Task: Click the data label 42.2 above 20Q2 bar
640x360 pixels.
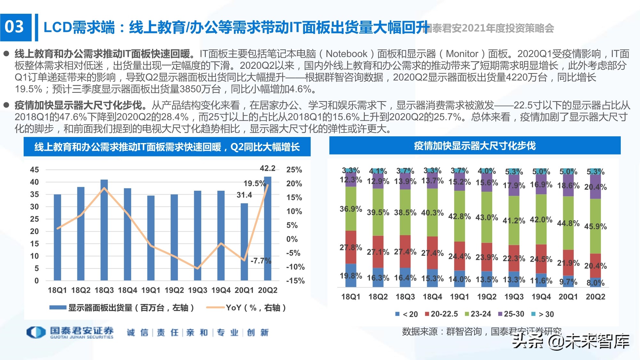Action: tap(268, 168)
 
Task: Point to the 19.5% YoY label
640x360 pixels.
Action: tap(254, 183)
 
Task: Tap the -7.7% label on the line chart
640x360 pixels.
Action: tap(260, 260)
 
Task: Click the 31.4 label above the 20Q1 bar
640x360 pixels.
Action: tap(244, 195)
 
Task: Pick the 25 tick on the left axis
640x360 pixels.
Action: tap(34, 219)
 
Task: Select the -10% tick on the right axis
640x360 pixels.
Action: tap(295, 267)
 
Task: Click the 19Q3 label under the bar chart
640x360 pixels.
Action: tap(197, 290)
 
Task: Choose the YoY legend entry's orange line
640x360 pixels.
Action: tap(215, 308)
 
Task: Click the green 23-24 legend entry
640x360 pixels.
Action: tap(478, 314)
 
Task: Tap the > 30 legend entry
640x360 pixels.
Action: tap(543, 314)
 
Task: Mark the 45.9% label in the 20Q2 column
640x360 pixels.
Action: tap(595, 227)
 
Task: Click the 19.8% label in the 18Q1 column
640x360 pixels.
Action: tap(351, 276)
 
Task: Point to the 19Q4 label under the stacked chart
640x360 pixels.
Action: tap(541, 297)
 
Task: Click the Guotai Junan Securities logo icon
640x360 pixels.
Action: tap(36, 332)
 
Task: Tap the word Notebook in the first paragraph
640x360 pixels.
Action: tap(346, 54)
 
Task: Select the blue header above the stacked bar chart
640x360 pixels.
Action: tap(475, 146)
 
